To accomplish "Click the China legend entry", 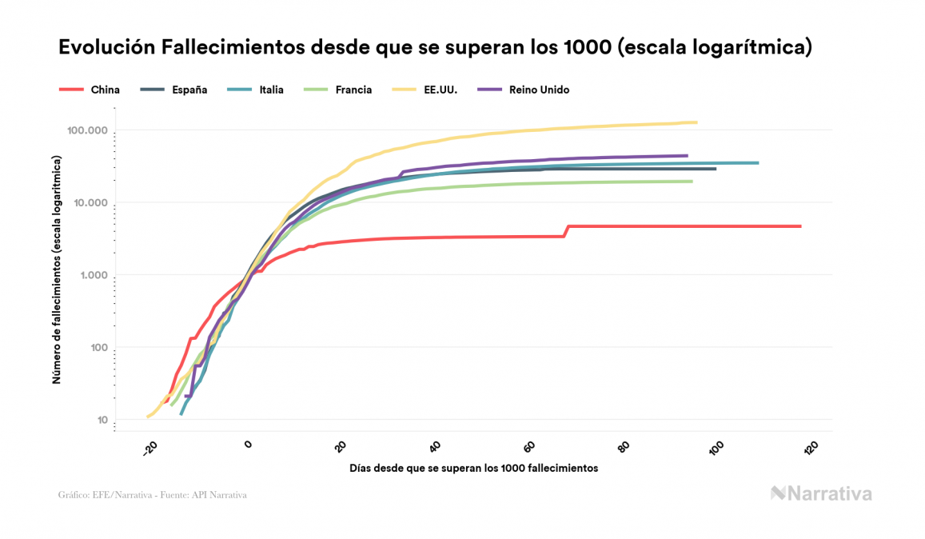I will click(90, 90).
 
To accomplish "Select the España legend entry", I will click(173, 90).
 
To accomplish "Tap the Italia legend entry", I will click(256, 90).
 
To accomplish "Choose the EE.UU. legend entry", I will click(425, 90).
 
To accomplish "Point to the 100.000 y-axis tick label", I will click(87, 130).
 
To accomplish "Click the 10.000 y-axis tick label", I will click(90, 202).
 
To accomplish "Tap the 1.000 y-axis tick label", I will click(92, 275).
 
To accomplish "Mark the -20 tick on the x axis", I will click(150, 449).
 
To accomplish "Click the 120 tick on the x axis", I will click(811, 448).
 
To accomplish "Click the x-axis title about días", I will click(473, 468).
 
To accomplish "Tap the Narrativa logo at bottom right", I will click(821, 493).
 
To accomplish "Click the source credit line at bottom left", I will click(153, 495).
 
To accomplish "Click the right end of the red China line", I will click(799, 226).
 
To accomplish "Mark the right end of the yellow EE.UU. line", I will click(696, 122).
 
